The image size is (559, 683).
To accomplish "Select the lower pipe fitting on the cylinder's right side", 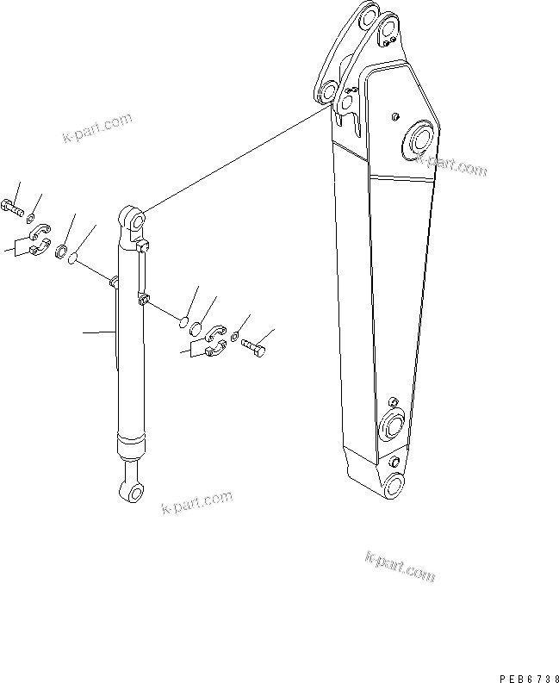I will (142, 300).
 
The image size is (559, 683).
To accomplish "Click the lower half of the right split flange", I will (215, 349).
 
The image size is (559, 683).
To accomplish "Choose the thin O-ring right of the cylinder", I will (183, 321).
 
